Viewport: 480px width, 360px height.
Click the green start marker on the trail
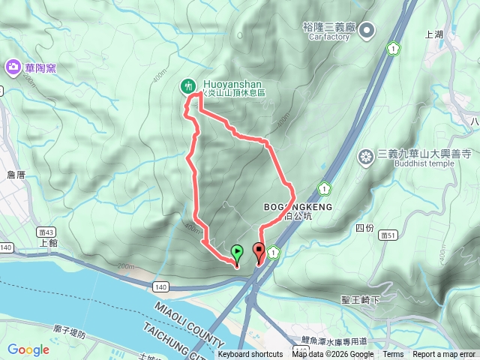tap(238, 253)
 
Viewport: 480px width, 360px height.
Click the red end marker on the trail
tap(259, 252)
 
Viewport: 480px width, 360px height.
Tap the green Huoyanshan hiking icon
tap(187, 86)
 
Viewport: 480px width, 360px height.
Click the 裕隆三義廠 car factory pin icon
tap(367, 31)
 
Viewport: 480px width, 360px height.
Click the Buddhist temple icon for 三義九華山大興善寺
tap(366, 156)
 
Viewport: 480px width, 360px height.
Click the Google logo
tap(28, 349)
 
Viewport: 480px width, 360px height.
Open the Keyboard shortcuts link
tap(250, 355)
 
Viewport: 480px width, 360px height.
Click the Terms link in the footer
tap(393, 355)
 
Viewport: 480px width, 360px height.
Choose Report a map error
tap(443, 355)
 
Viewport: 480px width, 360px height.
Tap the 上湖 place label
tap(434, 34)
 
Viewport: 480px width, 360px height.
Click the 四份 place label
tap(364, 227)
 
